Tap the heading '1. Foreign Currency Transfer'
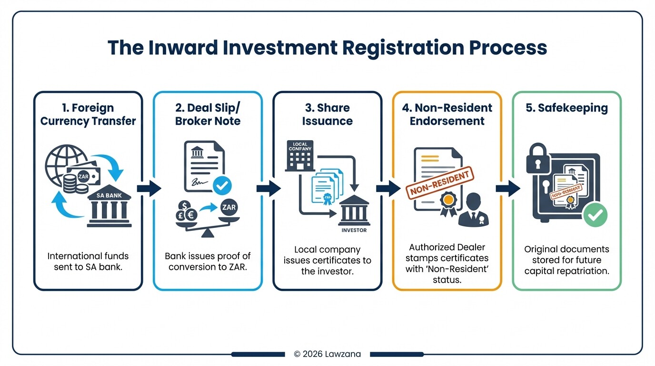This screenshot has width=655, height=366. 88,114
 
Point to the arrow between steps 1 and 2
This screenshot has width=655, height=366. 149,189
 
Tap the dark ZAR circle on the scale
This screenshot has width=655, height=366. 229,207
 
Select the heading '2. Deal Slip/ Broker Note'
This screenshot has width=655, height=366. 208,114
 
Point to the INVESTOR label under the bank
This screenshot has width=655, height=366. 354,230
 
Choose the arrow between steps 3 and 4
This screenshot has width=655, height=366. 387,189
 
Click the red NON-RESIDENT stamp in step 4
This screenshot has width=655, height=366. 441,183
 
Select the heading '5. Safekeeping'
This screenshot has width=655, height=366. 566,108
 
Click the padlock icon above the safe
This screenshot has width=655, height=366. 538,160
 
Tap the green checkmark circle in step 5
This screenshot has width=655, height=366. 595,215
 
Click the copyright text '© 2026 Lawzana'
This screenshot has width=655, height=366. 327,354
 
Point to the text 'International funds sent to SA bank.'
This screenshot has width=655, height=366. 88,262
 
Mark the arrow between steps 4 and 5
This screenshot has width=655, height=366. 507,189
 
